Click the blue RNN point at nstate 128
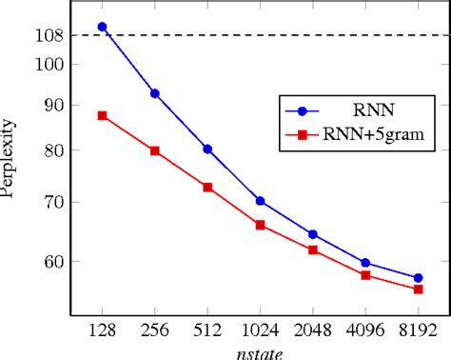(x=102, y=27)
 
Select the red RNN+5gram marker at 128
(x=102, y=115)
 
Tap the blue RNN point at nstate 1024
(x=260, y=201)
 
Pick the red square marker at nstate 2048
(x=313, y=250)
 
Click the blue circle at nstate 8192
(x=418, y=278)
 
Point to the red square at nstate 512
(x=207, y=187)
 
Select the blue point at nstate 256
(x=154, y=93)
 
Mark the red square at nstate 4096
(x=365, y=274)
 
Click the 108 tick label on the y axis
(x=49, y=35)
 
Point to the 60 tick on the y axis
(x=53, y=261)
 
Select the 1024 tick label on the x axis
(x=260, y=330)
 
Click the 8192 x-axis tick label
(x=418, y=330)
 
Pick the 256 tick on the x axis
(x=154, y=330)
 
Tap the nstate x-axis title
(x=260, y=351)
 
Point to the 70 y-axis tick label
(x=53, y=202)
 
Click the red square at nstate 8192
(x=418, y=289)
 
